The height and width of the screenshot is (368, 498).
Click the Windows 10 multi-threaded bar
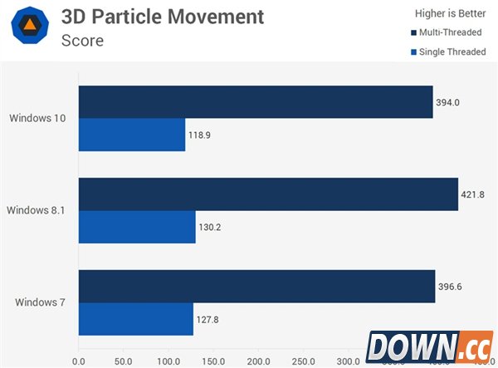coord(256,101)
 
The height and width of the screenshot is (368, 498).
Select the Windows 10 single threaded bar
coord(132,135)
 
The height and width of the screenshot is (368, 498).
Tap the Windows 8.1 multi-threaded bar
coord(268,194)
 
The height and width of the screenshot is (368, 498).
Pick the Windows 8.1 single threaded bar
coord(137,227)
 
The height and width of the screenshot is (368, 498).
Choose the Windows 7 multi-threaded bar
coord(256,286)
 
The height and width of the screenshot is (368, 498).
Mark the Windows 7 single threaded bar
coord(136,319)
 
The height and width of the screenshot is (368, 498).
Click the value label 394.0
coord(448,102)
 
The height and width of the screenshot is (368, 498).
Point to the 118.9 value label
coord(199,135)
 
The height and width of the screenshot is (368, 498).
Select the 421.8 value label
coord(473,194)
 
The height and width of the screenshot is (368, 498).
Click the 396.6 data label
coord(451,287)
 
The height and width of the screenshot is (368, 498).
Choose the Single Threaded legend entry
coord(449,52)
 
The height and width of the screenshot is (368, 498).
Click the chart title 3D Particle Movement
coord(163,17)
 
